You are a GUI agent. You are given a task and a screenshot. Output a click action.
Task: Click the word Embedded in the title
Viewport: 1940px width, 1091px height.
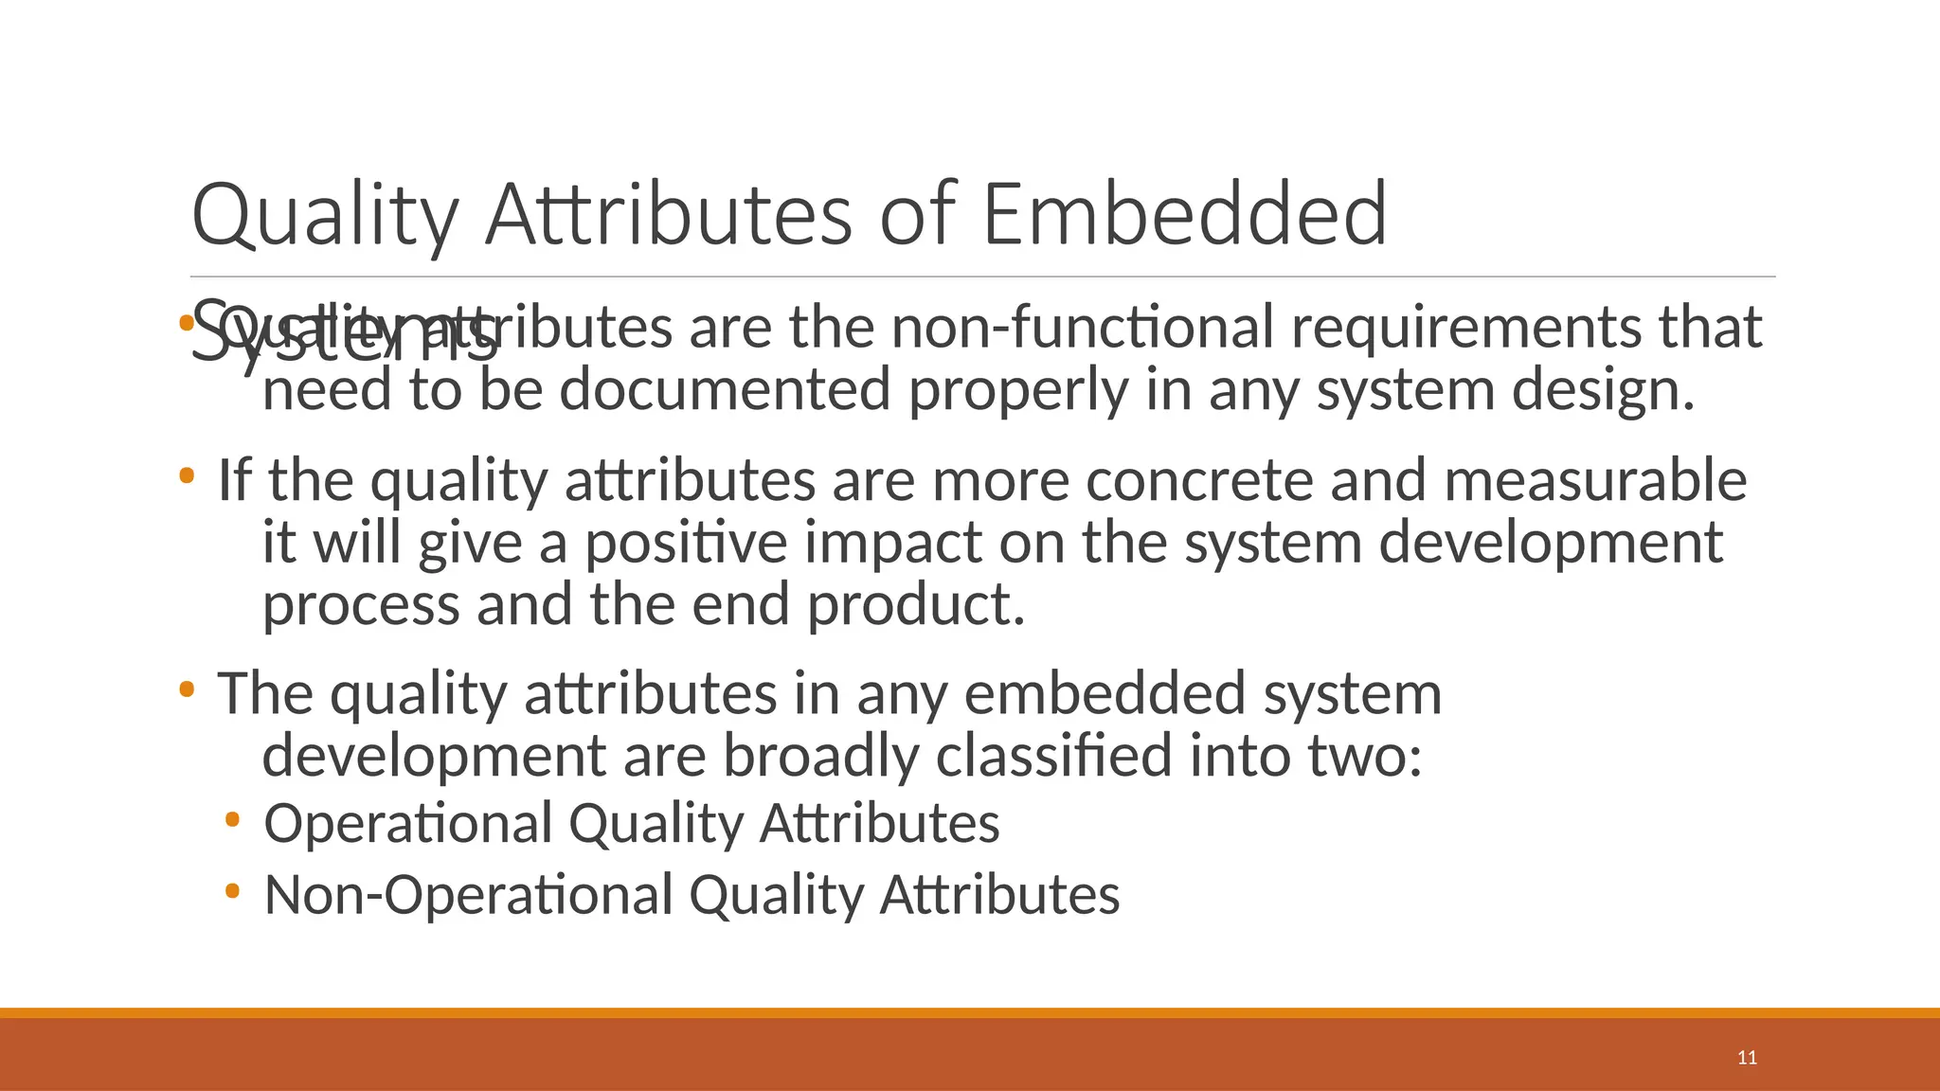tap(1185, 214)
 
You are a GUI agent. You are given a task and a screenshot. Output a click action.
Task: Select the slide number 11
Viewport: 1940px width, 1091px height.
tap(1748, 1058)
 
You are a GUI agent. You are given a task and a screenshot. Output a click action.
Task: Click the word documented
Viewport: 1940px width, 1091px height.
tap(726, 390)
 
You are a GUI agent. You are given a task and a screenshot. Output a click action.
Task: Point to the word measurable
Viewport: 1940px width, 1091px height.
tap(1595, 480)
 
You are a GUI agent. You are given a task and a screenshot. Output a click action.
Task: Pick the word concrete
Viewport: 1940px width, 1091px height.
tap(1199, 480)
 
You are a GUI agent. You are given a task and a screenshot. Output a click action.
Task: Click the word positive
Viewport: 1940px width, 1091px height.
tap(685, 544)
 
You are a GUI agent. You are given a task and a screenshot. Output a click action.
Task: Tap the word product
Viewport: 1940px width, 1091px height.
tap(916, 605)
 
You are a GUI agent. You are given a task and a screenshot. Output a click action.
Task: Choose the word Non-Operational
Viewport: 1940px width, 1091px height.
tap(469, 895)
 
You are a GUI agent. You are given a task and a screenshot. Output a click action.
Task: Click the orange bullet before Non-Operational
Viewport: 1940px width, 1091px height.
tap(233, 891)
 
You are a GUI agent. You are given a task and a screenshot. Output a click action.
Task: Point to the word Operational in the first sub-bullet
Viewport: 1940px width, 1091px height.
tap(407, 823)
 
